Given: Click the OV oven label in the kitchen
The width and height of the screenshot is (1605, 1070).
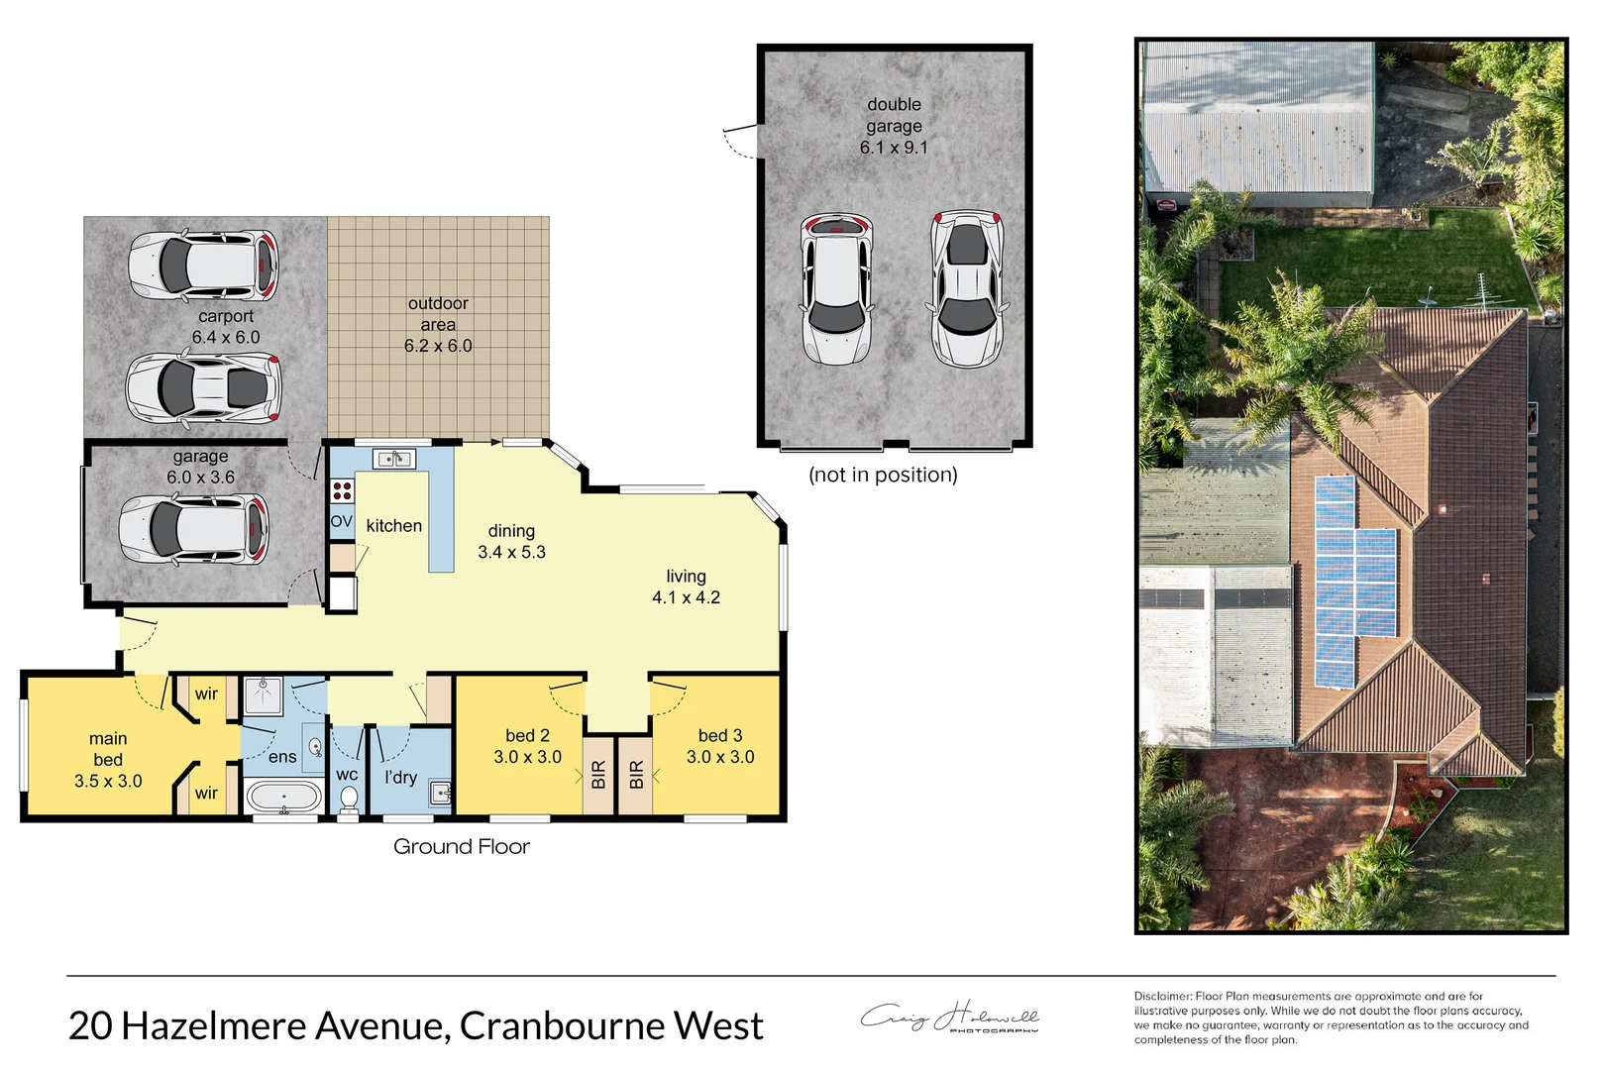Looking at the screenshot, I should tap(341, 521).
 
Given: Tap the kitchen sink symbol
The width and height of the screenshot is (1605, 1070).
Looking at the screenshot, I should tap(393, 459).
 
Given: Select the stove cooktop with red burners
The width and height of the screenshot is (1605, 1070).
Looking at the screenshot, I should tap(342, 490).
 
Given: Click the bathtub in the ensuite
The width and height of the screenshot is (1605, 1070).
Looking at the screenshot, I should tap(283, 797).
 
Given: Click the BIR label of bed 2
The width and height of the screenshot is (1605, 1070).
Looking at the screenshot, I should tap(598, 775).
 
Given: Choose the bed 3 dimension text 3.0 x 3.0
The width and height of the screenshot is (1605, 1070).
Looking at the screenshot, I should tap(720, 757).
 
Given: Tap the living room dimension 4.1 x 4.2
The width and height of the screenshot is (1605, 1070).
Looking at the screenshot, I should tap(686, 597).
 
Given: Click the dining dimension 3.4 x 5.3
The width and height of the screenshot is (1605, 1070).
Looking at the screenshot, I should tap(511, 552).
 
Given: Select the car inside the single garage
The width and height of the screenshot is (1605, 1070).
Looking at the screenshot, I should tap(193, 531).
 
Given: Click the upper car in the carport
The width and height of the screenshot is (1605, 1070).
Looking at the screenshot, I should tap(203, 266).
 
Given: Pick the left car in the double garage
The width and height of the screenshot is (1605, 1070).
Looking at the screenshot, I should tap(837, 288).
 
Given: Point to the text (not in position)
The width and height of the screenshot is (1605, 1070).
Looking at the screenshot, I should tap(883, 475).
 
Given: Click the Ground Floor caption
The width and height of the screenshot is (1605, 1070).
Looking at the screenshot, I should tap(462, 846).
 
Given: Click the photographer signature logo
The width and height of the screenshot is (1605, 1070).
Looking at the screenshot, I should tap(950, 1017).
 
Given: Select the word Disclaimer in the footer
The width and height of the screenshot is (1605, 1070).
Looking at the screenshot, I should tap(1162, 996).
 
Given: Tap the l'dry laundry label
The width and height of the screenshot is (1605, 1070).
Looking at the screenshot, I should tap(400, 778).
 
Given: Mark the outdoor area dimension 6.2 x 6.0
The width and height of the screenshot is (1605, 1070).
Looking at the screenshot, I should tap(438, 346).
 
